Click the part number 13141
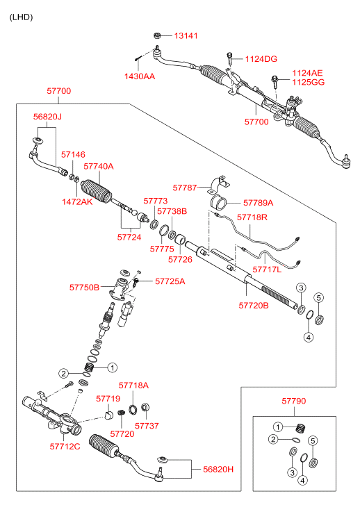[186, 35]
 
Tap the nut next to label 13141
[157, 35]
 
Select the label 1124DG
[261, 59]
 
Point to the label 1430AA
[140, 76]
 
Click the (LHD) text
[22, 17]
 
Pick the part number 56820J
[47, 117]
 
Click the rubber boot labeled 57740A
[97, 193]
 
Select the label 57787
[185, 188]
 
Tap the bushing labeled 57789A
[218, 203]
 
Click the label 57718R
[252, 217]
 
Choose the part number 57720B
[254, 306]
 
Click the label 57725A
[170, 281]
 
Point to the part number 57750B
[85, 288]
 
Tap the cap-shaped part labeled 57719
[108, 415]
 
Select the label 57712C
[65, 447]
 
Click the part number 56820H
[218, 470]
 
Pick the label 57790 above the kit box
[294, 401]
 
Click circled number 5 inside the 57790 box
[313, 440]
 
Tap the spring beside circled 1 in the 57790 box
[300, 429]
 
